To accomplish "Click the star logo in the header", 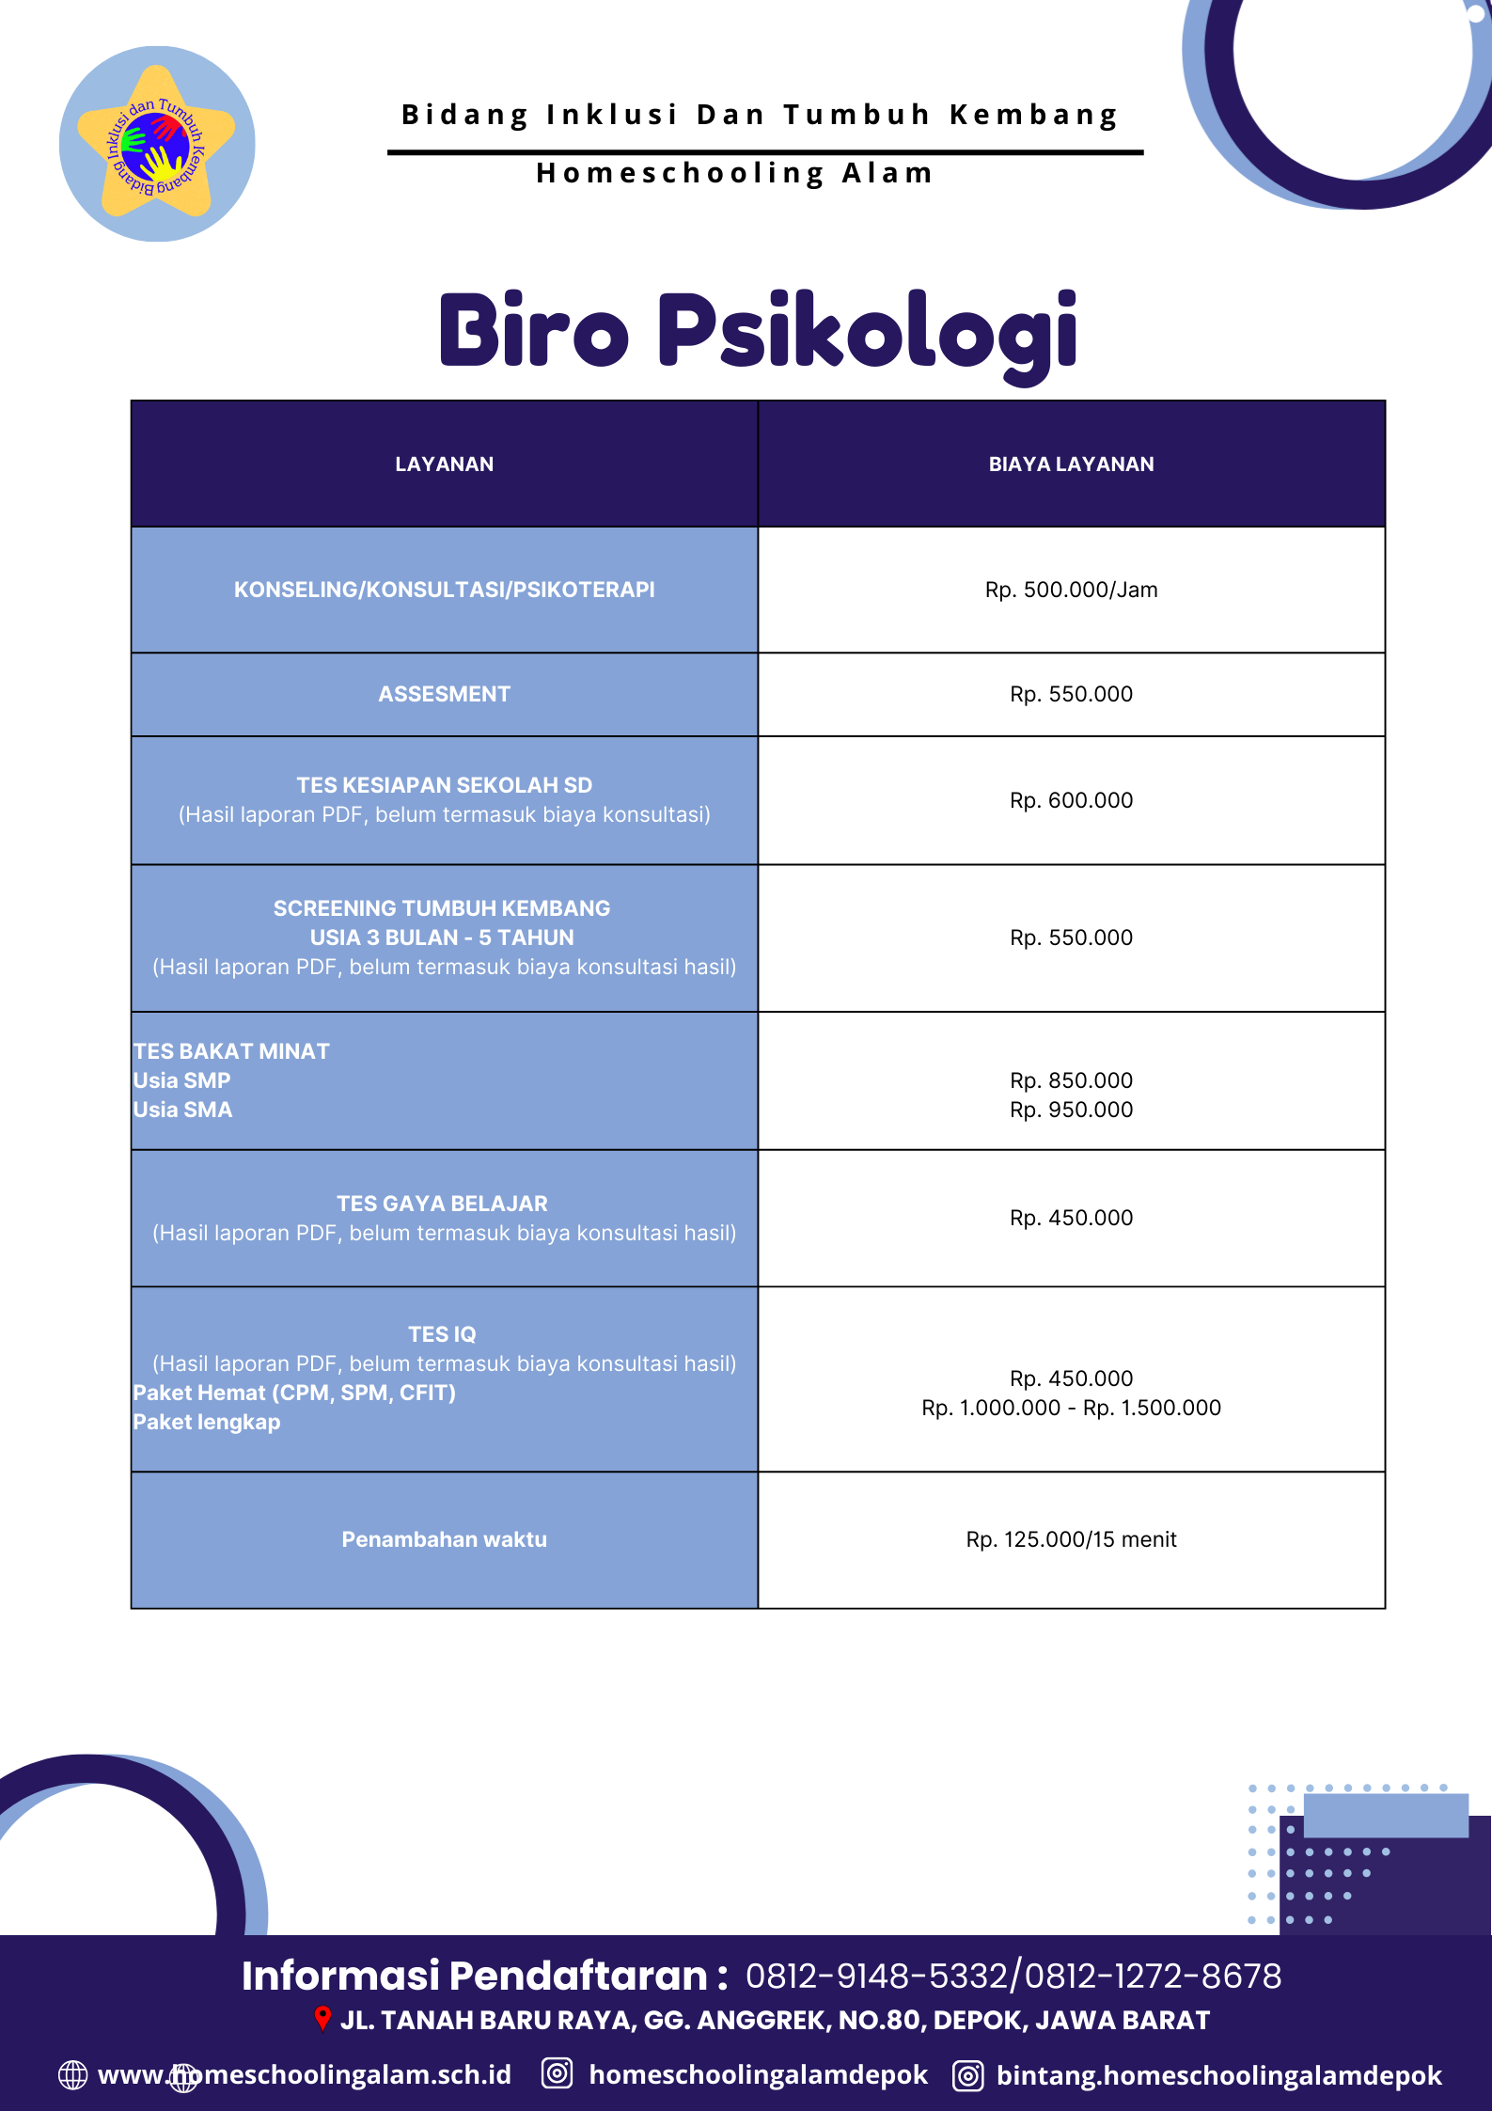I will [x=157, y=144].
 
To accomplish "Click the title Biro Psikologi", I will [x=758, y=331].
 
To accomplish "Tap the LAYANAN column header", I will [x=444, y=465].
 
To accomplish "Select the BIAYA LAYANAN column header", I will [x=1071, y=465].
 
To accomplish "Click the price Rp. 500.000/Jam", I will [x=1071, y=591].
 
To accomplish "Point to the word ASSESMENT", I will [x=444, y=695].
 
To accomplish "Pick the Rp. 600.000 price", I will [x=1071, y=801].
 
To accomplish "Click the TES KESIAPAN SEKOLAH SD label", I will [x=444, y=785].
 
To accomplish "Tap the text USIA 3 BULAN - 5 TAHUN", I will [x=442, y=938].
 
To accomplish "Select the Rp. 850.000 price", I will [x=1071, y=1080].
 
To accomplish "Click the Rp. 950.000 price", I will [x=1071, y=1111].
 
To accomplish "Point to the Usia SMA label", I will [x=182, y=1111].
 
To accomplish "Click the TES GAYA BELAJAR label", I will [x=442, y=1204].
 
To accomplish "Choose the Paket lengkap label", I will [x=207, y=1423].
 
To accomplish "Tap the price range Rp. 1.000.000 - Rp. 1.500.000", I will [x=1071, y=1409].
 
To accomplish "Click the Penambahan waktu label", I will [x=444, y=1540].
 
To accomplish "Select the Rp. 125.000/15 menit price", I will [x=1071, y=1540].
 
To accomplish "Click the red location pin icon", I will [x=322, y=2019].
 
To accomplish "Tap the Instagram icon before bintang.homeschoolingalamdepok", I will [x=967, y=2075].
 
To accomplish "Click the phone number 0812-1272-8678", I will [x=1154, y=1977].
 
